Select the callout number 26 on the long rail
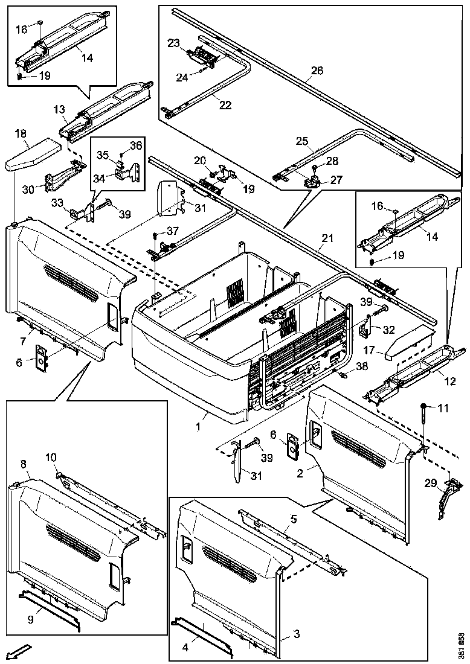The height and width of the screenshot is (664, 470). tap(317, 71)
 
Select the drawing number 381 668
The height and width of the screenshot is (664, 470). tap(462, 646)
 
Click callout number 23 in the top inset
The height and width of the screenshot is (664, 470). tap(174, 43)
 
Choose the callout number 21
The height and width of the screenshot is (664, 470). tap(327, 239)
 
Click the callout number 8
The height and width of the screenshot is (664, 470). tap(23, 464)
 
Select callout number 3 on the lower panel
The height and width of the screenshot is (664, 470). tap(296, 634)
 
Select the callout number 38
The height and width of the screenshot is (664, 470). tap(361, 366)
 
